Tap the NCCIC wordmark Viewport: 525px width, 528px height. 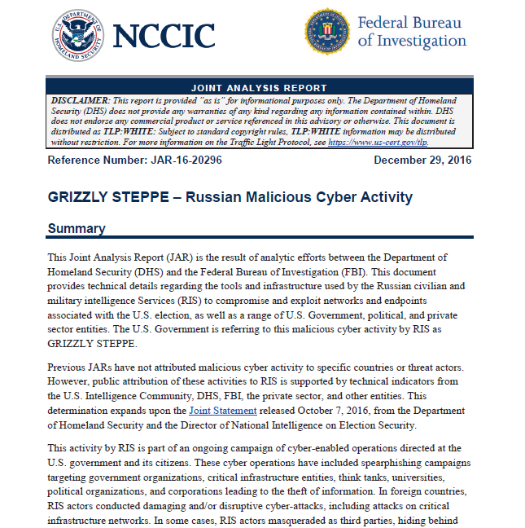point(164,36)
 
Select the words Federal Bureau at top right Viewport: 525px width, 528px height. point(409,23)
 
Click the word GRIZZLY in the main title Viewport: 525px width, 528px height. point(80,197)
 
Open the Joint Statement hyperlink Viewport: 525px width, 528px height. point(224,411)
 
